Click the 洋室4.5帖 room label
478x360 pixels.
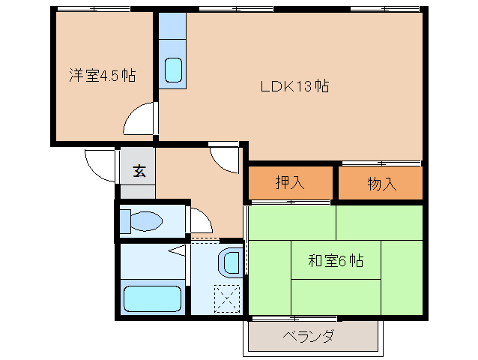(x=103, y=75)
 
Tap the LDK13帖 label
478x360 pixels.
(x=294, y=86)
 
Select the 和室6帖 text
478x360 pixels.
(x=336, y=261)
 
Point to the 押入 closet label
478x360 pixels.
(x=290, y=182)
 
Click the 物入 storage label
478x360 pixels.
(x=382, y=184)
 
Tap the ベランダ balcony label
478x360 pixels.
(x=309, y=336)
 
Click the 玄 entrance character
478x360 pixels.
(x=139, y=171)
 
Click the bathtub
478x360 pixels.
(x=153, y=298)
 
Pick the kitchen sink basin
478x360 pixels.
(x=174, y=70)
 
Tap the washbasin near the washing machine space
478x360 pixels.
(x=231, y=262)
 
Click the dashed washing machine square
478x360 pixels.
(x=227, y=298)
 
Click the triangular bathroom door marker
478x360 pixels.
(x=177, y=250)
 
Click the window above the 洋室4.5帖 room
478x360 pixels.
(x=94, y=9)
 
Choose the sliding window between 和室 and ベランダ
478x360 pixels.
(x=294, y=319)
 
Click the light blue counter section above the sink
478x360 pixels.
(x=172, y=25)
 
